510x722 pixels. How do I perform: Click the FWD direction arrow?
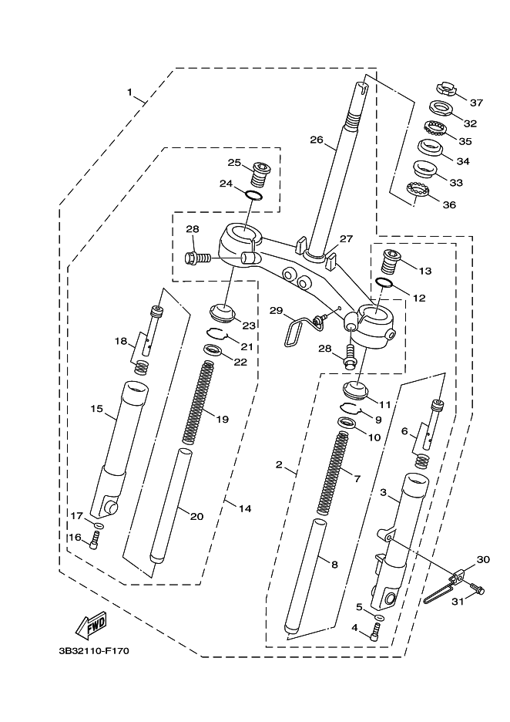click(x=92, y=626)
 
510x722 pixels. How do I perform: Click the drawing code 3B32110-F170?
click(x=94, y=651)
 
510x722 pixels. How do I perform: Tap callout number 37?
click(x=476, y=103)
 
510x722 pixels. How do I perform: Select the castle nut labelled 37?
click(x=445, y=89)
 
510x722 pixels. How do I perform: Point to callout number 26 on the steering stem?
click(x=317, y=140)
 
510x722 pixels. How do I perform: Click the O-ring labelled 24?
click(x=253, y=195)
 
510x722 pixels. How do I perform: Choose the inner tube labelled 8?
click(x=304, y=576)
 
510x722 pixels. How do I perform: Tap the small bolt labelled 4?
click(x=377, y=630)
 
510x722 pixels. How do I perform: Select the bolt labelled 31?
click(x=478, y=588)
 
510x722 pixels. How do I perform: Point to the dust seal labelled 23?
click(x=222, y=312)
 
